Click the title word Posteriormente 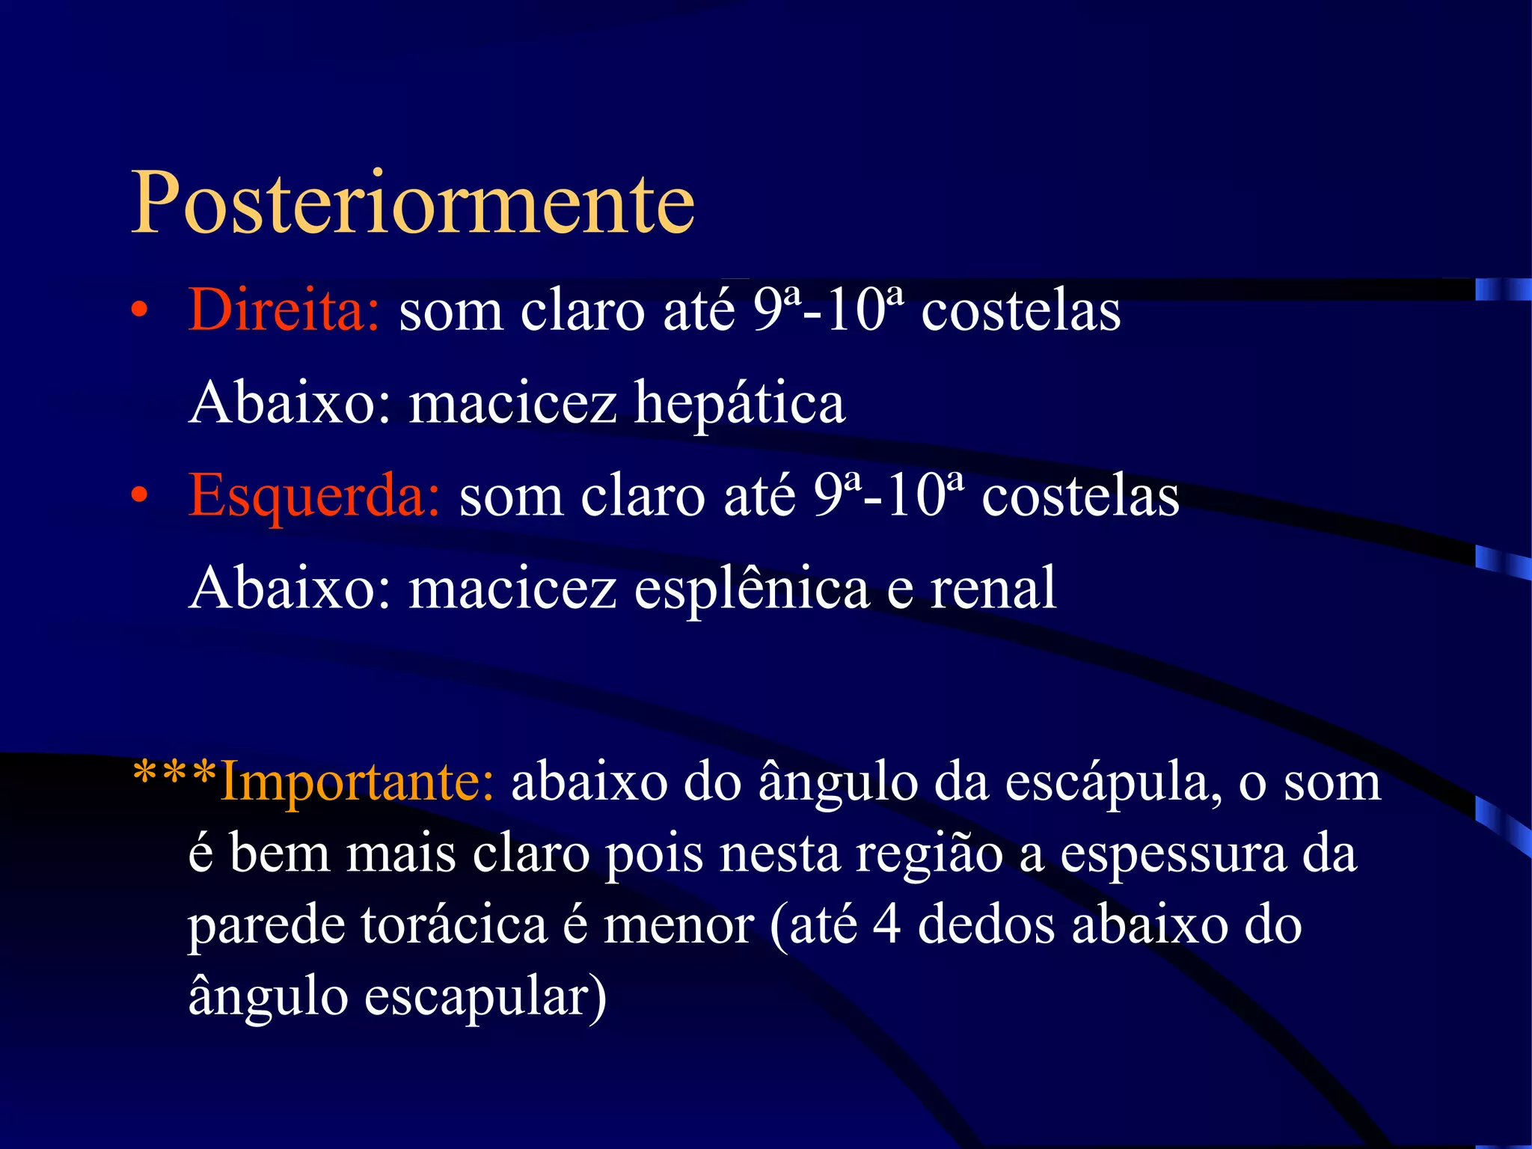413,203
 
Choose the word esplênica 751,589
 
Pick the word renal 993,589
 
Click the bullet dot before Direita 139,311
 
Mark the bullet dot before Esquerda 139,497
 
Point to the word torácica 454,926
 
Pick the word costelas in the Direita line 1021,311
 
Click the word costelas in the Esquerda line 1080,497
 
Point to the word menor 678,926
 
